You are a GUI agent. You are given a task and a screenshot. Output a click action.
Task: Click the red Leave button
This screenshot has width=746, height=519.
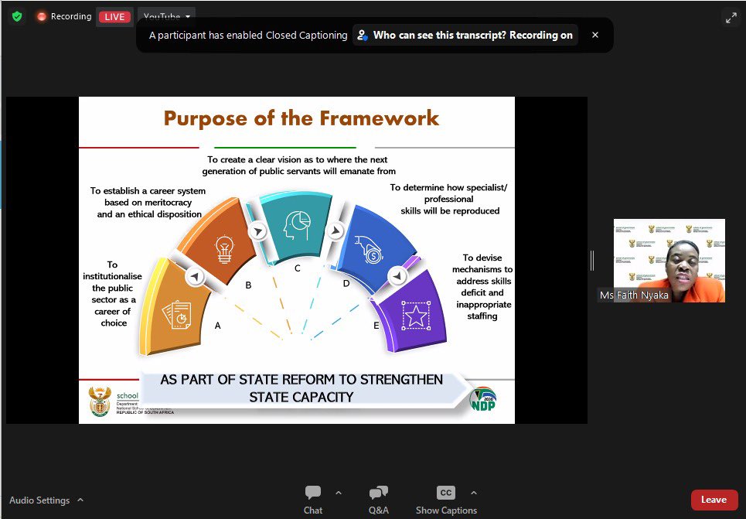pos(714,500)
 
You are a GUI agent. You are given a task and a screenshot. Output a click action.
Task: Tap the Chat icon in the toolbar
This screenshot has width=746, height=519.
pos(313,493)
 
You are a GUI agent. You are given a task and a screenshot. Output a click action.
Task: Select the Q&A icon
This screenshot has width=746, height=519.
pos(378,493)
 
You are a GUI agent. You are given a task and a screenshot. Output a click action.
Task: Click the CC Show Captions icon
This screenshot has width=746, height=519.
pos(446,493)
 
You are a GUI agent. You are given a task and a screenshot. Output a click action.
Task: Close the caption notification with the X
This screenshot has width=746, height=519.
pos(595,35)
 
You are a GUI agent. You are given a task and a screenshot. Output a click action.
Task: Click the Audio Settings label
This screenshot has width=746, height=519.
pos(39,500)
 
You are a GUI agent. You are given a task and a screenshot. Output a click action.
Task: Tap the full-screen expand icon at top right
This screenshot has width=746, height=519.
pos(731,17)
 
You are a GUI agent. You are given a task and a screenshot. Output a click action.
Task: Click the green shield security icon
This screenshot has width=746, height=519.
pos(16,16)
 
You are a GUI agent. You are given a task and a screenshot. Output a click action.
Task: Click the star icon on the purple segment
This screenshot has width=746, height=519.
pos(417,316)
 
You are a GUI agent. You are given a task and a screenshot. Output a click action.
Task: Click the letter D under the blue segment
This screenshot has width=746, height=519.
pos(346,284)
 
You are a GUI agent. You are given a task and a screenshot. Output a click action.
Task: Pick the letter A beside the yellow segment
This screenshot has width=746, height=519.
pos(218,326)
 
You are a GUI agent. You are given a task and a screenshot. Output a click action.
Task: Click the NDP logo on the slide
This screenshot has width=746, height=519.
pos(484,399)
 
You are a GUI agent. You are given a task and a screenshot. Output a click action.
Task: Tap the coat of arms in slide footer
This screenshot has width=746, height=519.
pos(100,401)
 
